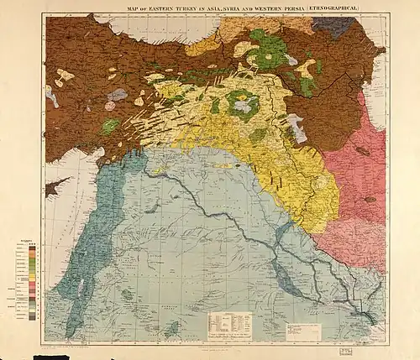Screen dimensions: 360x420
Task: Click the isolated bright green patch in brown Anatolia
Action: [x=110, y=127]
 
